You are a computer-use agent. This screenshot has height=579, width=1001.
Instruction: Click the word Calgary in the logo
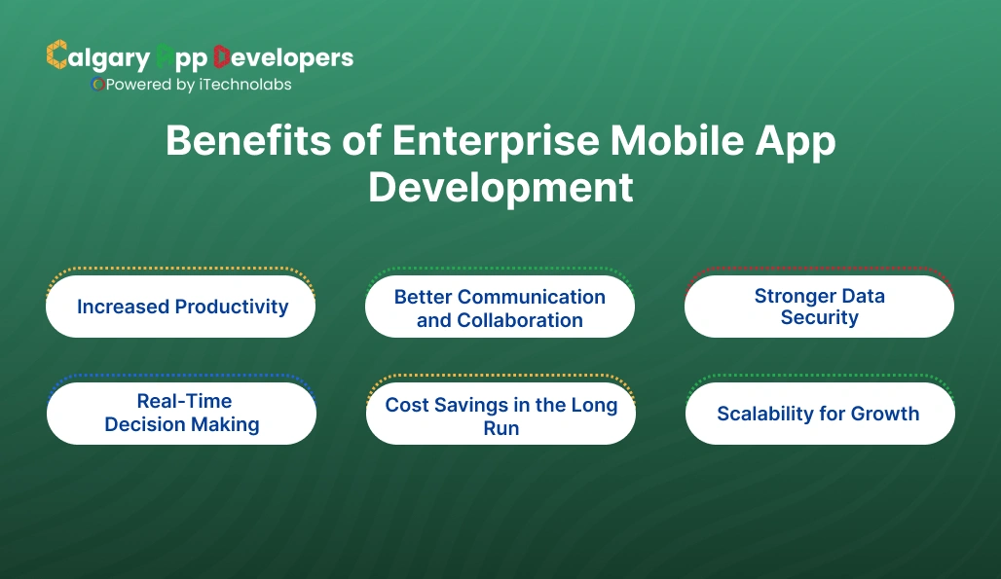(98, 57)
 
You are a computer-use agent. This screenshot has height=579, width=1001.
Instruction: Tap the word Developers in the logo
(283, 57)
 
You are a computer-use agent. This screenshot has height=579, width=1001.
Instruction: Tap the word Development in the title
(500, 188)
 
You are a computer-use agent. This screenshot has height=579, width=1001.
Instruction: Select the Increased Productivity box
(181, 307)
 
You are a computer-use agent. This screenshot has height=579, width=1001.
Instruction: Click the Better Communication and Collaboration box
(500, 308)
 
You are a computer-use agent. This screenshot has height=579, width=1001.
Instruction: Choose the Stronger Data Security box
(819, 307)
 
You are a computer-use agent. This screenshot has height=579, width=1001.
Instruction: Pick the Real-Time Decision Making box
(181, 413)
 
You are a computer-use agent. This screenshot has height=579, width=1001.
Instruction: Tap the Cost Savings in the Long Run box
(500, 415)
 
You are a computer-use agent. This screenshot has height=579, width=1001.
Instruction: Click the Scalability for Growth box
(819, 414)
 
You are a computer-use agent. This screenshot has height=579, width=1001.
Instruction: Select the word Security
(819, 318)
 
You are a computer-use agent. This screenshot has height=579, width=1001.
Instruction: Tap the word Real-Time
(184, 401)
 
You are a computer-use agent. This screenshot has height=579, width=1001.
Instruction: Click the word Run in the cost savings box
(500, 428)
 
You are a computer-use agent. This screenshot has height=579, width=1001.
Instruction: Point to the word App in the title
(797, 143)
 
